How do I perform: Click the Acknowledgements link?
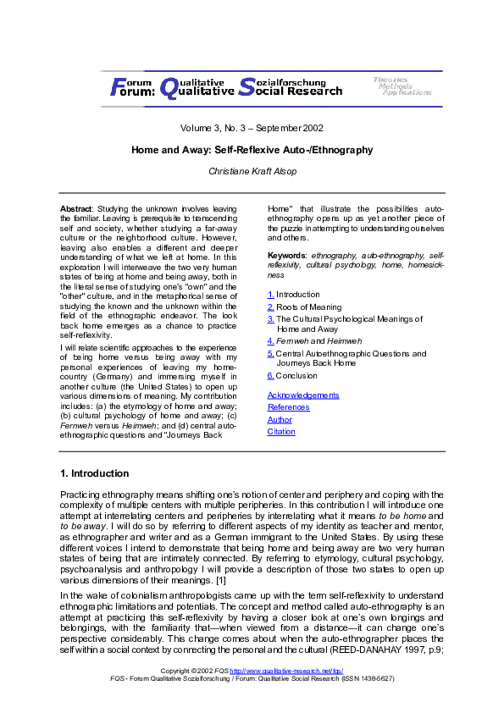click(302, 395)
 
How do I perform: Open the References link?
click(287, 407)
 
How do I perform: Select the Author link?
click(280, 419)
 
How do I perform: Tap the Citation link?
click(281, 431)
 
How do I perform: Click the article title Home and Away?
click(252, 150)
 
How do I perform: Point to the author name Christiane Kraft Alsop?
click(252, 171)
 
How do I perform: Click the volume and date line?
click(252, 129)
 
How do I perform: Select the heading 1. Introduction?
click(94, 473)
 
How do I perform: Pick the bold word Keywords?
click(287, 254)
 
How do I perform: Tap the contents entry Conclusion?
click(296, 375)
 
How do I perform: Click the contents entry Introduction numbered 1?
click(297, 295)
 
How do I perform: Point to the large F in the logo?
click(117, 86)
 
